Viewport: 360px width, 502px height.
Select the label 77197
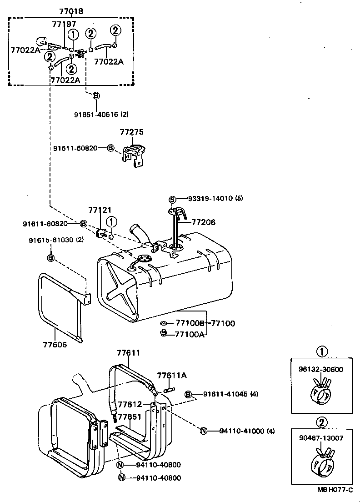[64, 24]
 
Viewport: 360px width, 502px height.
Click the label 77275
[131, 132]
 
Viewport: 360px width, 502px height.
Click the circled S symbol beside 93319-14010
[172, 199]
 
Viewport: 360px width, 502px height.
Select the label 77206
[203, 222]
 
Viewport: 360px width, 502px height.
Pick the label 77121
[100, 210]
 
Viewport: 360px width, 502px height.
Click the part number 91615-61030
[50, 240]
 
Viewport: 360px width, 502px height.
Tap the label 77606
[55, 345]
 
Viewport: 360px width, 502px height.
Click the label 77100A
[190, 334]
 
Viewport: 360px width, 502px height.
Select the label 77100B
[190, 323]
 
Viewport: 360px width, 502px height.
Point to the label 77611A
[172, 375]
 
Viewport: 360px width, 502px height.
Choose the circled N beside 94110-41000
[203, 431]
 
